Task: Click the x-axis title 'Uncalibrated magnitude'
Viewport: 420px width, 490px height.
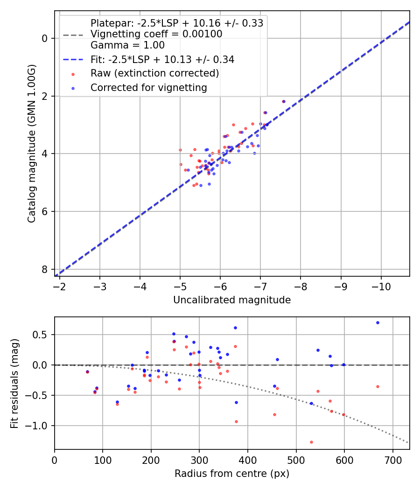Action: (x=232, y=300)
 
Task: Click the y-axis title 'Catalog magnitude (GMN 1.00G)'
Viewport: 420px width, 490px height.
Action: (x=31, y=144)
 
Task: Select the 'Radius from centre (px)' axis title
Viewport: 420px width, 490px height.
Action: (x=232, y=474)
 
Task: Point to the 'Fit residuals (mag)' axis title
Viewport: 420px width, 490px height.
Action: (x=14, y=383)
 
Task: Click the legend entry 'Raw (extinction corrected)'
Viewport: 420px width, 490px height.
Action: (x=154, y=73)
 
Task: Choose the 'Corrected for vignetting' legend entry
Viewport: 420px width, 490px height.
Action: (x=148, y=87)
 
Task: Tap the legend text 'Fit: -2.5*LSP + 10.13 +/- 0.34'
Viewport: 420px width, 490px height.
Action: (x=162, y=59)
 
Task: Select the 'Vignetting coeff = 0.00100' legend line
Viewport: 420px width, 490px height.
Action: (x=156, y=34)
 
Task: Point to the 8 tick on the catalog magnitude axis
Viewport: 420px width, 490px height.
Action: (x=45, y=269)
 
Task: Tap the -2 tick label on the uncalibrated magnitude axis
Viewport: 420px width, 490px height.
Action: (x=59, y=286)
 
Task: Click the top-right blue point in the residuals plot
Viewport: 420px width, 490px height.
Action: (x=378, y=322)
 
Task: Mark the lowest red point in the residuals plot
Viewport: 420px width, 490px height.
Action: (x=311, y=442)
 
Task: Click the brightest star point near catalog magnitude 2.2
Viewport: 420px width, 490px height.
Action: (x=283, y=101)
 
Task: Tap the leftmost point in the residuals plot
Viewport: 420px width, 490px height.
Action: (x=87, y=371)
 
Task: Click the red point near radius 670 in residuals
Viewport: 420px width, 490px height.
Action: (x=378, y=386)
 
